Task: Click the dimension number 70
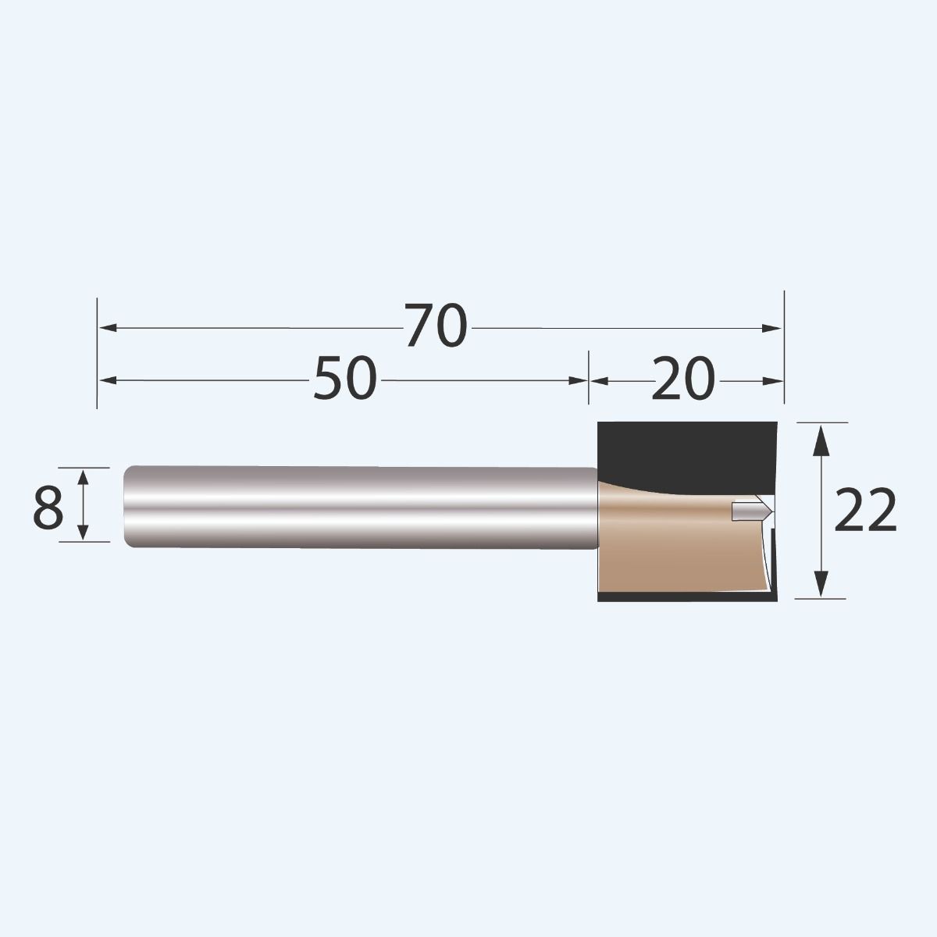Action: point(436,327)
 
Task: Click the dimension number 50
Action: point(345,379)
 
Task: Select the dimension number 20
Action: point(682,379)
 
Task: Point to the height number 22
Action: point(865,512)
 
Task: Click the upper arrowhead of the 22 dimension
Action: point(820,437)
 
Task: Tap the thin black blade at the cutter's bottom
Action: point(687,597)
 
